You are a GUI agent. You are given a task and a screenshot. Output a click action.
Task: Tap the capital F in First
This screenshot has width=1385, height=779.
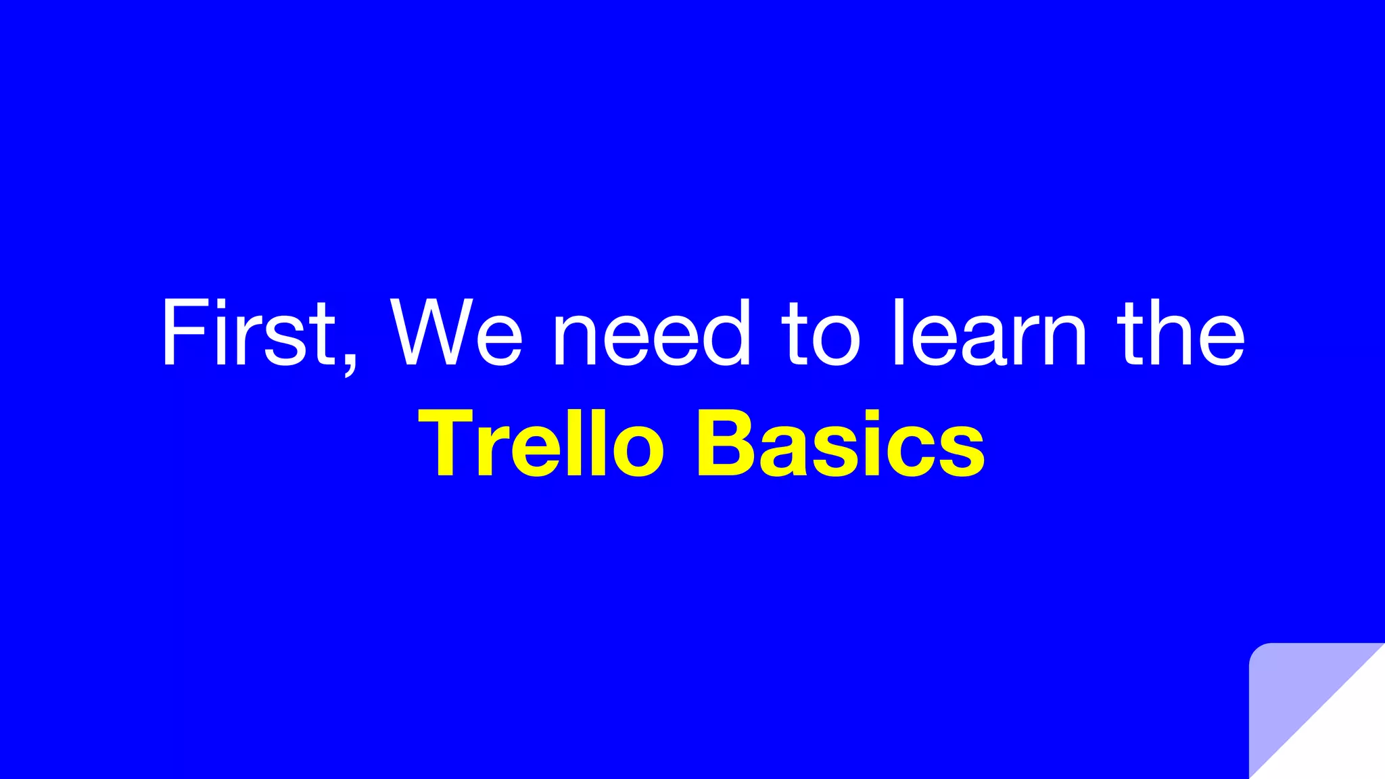pos(183,333)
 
